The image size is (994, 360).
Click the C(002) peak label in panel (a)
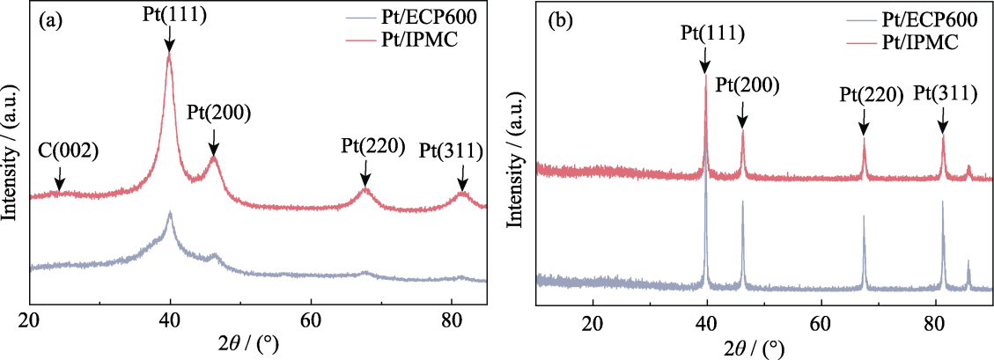[69, 151]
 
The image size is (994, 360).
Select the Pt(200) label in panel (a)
[218, 113]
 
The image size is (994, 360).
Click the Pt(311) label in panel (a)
[451, 151]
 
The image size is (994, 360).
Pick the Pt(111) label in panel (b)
[712, 33]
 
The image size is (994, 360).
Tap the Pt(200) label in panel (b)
[747, 84]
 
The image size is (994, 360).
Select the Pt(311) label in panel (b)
[944, 92]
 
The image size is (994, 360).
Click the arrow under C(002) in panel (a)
[58, 179]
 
